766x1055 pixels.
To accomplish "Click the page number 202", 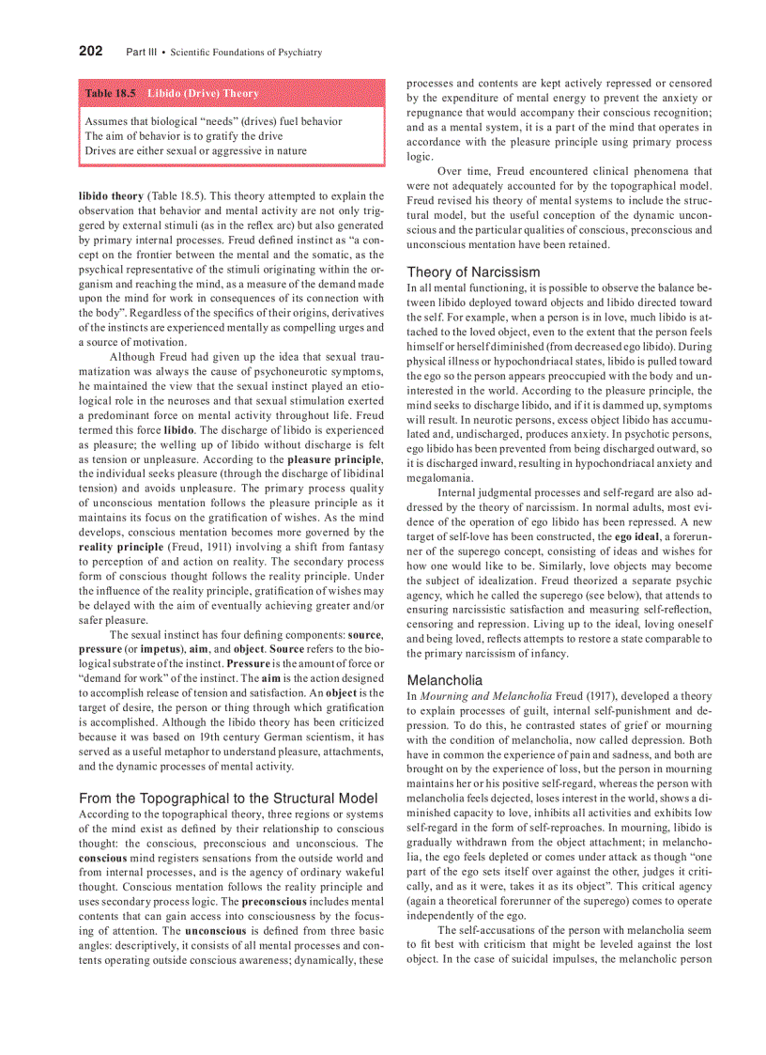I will [x=90, y=52].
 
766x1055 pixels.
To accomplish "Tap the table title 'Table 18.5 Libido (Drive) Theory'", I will [x=172, y=94].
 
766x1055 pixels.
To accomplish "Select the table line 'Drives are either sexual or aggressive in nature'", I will [x=195, y=150].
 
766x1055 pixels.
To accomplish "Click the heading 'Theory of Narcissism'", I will [x=473, y=272].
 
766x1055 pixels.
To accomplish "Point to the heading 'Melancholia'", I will [x=445, y=679].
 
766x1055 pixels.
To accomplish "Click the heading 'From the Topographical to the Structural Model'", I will [x=228, y=799].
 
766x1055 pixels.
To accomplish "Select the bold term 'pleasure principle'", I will [x=334, y=459].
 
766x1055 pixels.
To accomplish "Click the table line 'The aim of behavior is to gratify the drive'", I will [x=183, y=136].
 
